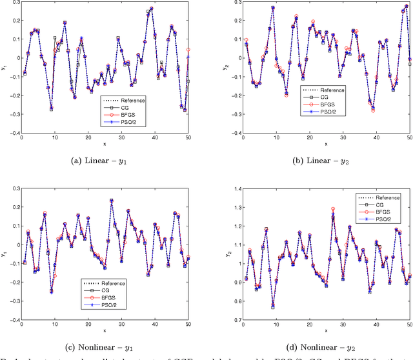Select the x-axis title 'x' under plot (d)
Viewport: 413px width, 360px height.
click(x=326, y=330)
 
